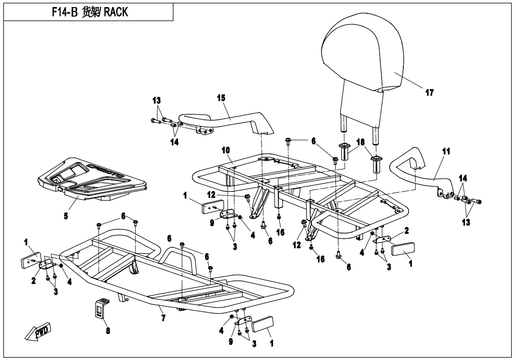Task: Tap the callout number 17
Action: pos(429,93)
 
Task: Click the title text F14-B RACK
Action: pos(89,12)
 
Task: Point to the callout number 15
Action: pos(221,98)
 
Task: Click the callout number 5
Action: pos(66,216)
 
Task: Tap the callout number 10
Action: pos(226,150)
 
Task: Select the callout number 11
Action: pos(446,152)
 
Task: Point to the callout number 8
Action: pos(108,331)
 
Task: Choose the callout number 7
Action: pos(163,318)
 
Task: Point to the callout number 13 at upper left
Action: pos(156,100)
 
